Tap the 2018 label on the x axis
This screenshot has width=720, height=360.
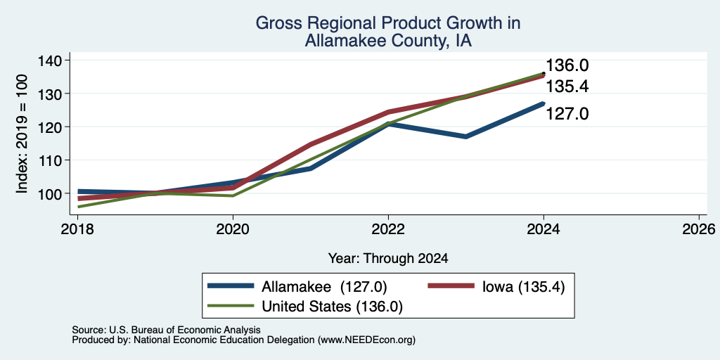(77, 229)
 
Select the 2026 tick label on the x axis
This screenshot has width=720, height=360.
(699, 229)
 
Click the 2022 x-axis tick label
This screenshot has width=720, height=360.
(388, 229)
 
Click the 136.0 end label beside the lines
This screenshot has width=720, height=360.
(567, 65)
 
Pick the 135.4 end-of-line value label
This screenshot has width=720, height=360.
(567, 86)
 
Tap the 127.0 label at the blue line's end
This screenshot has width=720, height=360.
(567, 113)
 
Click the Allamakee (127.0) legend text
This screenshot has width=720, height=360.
(324, 287)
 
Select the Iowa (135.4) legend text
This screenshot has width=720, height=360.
(523, 287)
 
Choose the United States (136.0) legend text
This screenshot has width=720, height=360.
(332, 307)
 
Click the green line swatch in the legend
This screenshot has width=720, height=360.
(231, 306)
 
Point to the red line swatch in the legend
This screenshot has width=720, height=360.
(451, 286)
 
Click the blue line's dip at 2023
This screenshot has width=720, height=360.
(466, 137)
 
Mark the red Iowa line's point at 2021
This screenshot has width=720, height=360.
(311, 144)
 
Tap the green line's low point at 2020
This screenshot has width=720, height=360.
(233, 196)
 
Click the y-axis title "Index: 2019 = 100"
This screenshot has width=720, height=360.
(22, 134)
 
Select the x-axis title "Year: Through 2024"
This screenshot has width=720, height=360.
(388, 259)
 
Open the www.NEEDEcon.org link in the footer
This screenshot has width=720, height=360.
(365, 340)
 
